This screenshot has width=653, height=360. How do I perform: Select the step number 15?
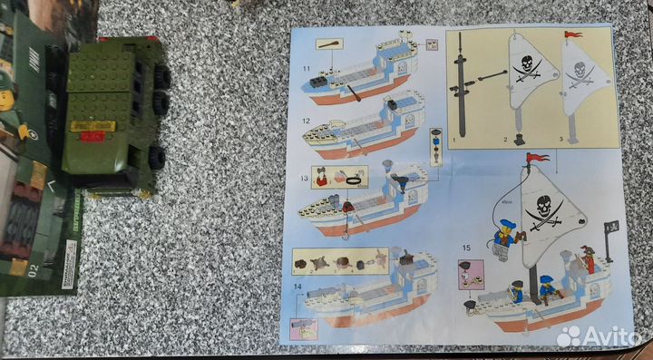466,248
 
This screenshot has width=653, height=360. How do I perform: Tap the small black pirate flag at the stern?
610,227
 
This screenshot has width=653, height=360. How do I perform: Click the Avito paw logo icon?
569,337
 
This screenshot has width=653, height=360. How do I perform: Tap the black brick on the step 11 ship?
319,82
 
